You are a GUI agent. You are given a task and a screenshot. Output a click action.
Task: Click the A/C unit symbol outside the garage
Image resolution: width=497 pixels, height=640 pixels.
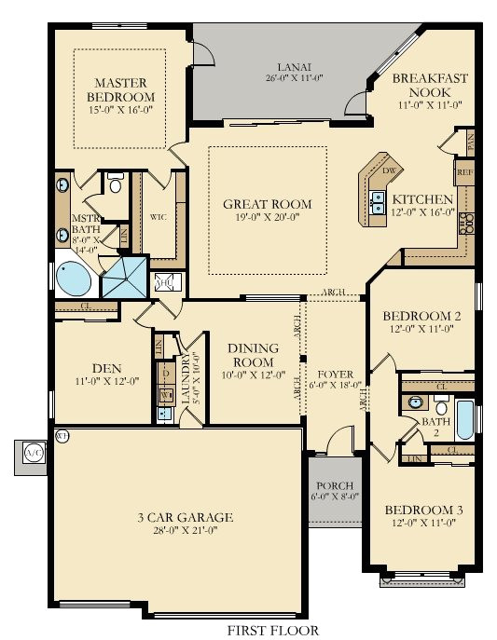point(33,453)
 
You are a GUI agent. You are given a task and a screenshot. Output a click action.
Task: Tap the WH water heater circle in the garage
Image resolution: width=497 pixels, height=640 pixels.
point(62,435)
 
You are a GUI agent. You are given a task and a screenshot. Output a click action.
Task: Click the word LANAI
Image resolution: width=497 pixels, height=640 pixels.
point(293,67)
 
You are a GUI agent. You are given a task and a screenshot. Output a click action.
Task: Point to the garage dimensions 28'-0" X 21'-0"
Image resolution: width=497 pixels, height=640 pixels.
point(182,531)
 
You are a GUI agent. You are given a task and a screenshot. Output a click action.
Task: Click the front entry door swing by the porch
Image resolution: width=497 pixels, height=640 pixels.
point(342,440)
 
